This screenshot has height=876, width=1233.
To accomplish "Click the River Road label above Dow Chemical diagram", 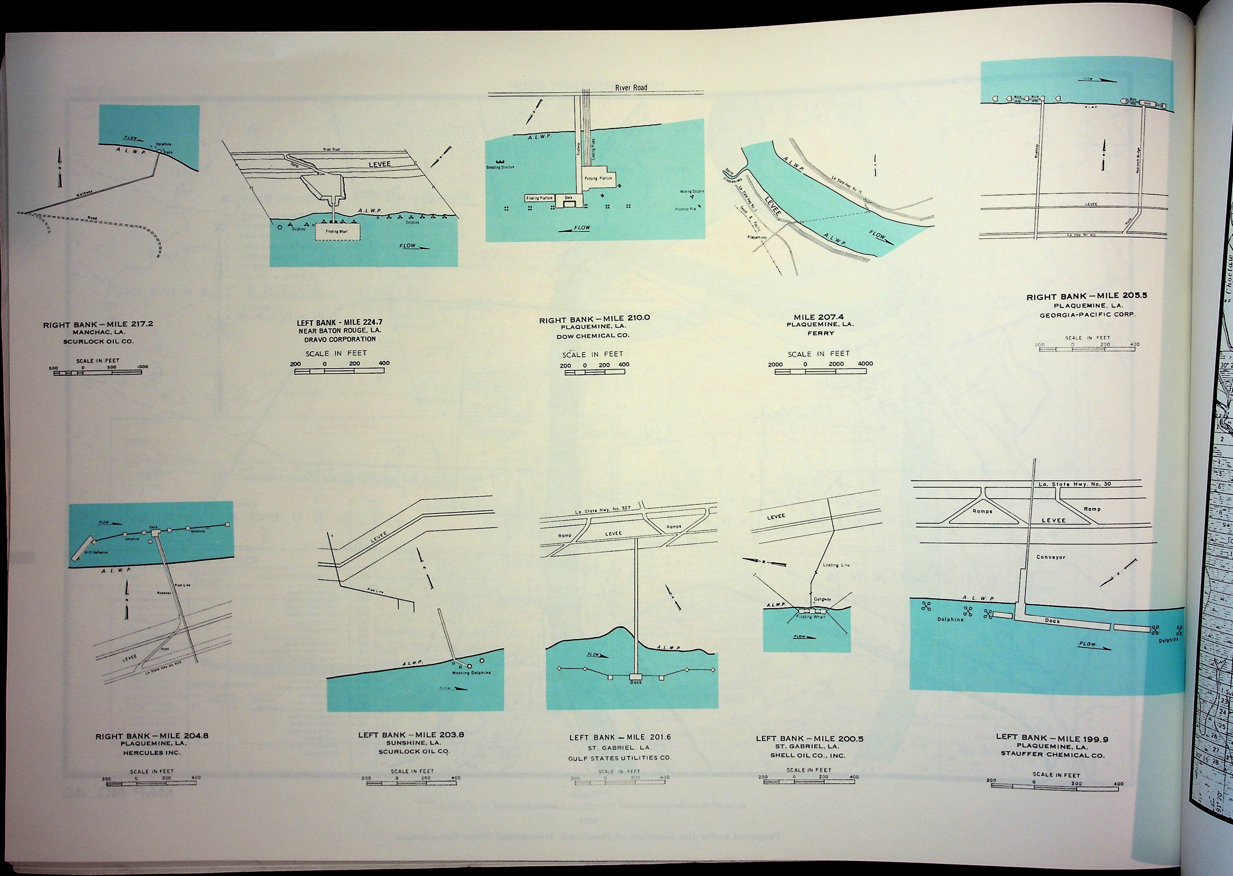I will click(x=631, y=87).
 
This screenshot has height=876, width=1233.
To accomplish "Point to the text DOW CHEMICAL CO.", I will click(x=593, y=336).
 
